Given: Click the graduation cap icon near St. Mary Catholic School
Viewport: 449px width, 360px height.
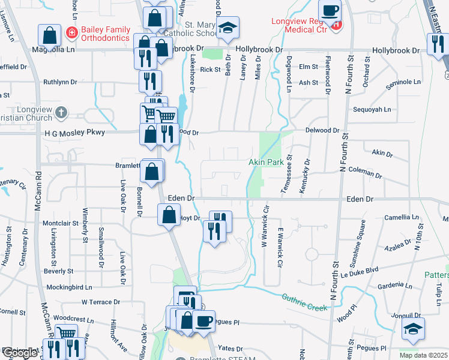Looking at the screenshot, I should pyautogui.click(x=228, y=28).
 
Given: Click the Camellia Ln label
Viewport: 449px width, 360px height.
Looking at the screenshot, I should pyautogui.click(x=402, y=217).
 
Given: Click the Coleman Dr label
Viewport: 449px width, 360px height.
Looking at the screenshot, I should pyautogui.click(x=365, y=173).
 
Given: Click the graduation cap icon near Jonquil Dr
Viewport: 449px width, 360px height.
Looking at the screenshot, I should pyautogui.click(x=414, y=329).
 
